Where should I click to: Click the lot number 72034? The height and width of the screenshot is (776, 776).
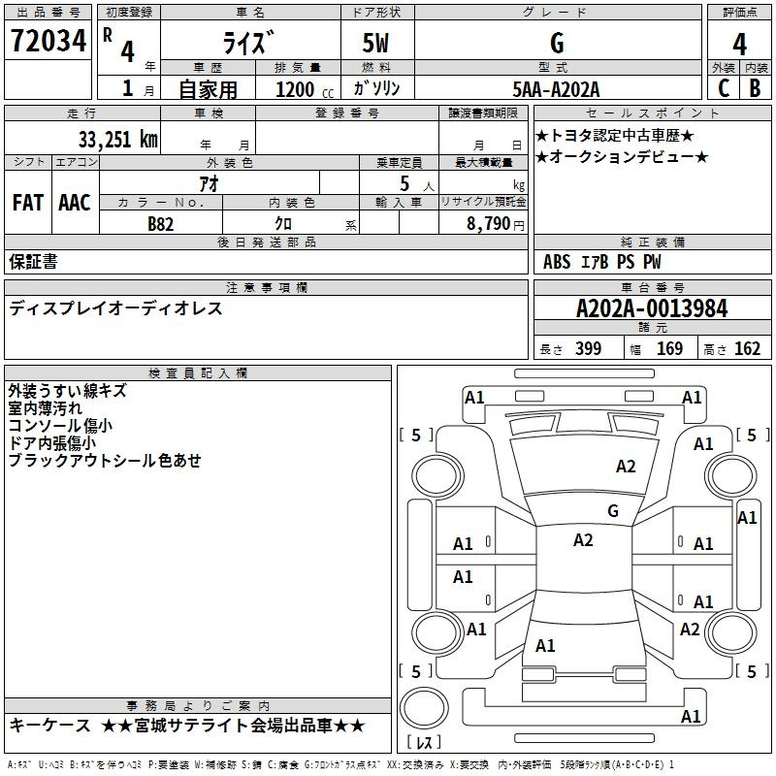pyautogui.click(x=48, y=43)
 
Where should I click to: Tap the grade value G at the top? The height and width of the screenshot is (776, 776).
pyautogui.click(x=557, y=43)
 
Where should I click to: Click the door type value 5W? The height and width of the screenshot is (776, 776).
pyautogui.click(x=377, y=44)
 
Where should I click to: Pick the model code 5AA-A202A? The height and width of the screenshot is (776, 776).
pyautogui.click(x=557, y=88)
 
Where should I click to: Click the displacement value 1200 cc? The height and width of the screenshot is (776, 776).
pyautogui.click(x=300, y=89)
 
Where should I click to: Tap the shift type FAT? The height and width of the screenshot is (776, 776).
pyautogui.click(x=28, y=202)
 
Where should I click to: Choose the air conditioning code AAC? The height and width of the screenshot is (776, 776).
pyautogui.click(x=75, y=202)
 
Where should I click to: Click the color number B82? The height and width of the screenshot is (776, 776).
pyautogui.click(x=161, y=223)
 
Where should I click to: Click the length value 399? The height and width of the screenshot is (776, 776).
pyautogui.click(x=588, y=349)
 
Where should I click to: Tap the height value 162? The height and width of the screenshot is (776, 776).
pyautogui.click(x=748, y=349)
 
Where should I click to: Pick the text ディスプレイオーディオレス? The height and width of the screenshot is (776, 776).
pyautogui.click(x=116, y=308)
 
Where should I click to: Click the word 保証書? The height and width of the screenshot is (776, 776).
pyautogui.click(x=33, y=261)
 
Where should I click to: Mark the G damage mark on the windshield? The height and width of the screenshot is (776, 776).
pyautogui.click(x=613, y=510)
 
